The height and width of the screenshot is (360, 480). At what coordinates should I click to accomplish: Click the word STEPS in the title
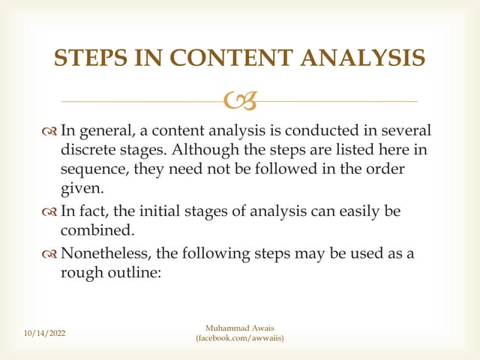[91, 58]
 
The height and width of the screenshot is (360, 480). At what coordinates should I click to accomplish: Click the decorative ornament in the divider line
[240, 98]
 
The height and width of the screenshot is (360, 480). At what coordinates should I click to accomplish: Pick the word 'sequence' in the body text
[94, 171]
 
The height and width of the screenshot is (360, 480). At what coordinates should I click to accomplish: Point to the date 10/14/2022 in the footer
[44, 331]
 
